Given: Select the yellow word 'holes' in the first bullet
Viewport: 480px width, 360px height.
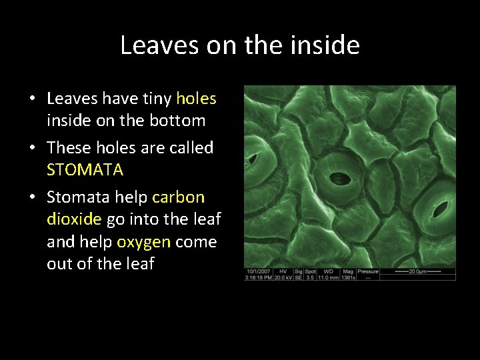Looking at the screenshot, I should point(196,99).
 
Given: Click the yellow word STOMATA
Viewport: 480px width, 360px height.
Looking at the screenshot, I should point(85,170).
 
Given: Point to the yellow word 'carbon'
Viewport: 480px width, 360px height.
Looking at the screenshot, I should point(178,197).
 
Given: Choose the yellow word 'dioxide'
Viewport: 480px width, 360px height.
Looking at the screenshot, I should point(74,219).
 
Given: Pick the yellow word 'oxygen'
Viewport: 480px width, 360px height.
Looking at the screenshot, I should point(143,241).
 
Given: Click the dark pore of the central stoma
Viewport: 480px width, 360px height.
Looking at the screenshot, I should point(340,179).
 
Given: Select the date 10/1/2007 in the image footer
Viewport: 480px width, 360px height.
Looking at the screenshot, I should point(257,272).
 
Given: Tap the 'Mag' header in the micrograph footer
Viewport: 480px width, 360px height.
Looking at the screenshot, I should point(348,272).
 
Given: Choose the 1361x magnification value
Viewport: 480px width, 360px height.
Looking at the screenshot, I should point(348,277).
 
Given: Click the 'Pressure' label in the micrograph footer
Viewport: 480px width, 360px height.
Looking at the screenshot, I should point(368,272).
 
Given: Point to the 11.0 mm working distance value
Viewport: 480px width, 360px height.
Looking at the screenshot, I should point(329,277).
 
